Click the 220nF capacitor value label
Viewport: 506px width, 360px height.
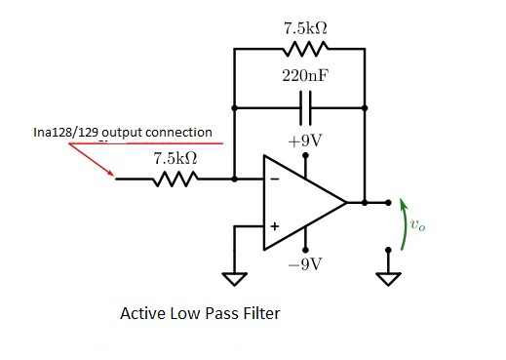point(299,75)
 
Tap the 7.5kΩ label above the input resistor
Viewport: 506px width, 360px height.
point(176,157)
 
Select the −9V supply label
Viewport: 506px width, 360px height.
point(305,264)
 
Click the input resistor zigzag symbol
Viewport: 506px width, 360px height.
point(176,179)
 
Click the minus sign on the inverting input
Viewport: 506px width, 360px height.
point(274,180)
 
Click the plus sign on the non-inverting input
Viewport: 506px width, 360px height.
point(274,227)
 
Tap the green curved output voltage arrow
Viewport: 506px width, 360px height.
point(403,225)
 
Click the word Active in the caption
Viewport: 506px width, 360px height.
point(141,314)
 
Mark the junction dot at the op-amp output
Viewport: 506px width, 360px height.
point(364,203)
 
